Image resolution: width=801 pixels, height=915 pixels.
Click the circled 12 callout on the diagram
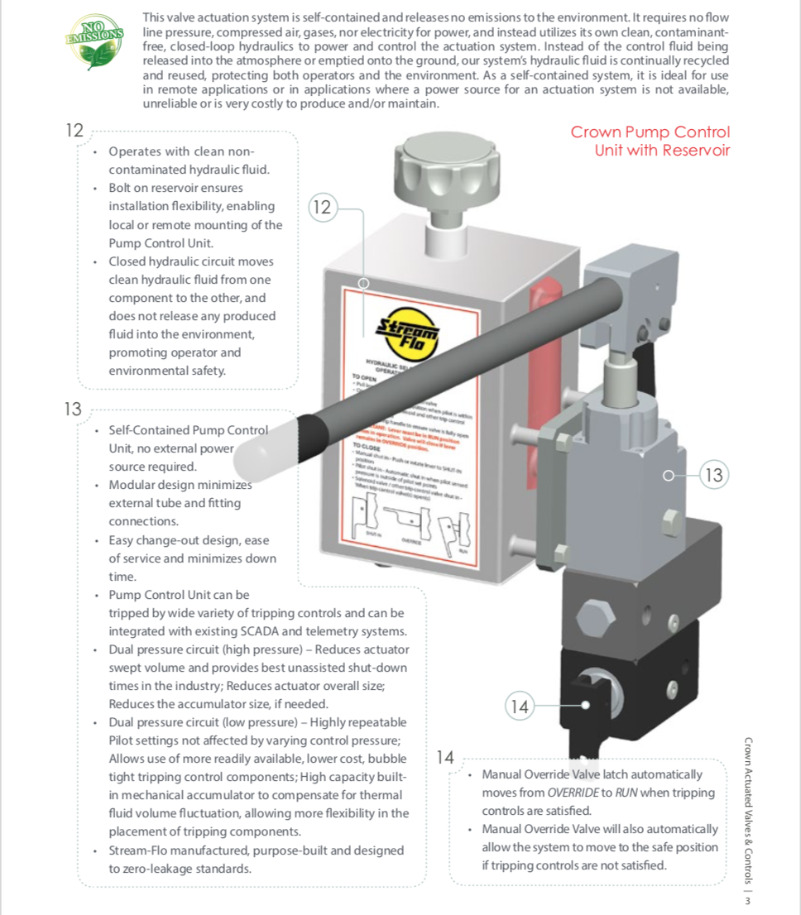click(322, 208)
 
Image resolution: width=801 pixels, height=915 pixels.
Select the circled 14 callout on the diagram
click(519, 707)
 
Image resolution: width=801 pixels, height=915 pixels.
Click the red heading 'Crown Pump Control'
click(650, 132)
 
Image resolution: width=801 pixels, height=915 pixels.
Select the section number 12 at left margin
click(74, 130)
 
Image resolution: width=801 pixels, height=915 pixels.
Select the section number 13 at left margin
click(73, 408)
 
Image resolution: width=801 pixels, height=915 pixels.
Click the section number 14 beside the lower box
click(445, 757)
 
